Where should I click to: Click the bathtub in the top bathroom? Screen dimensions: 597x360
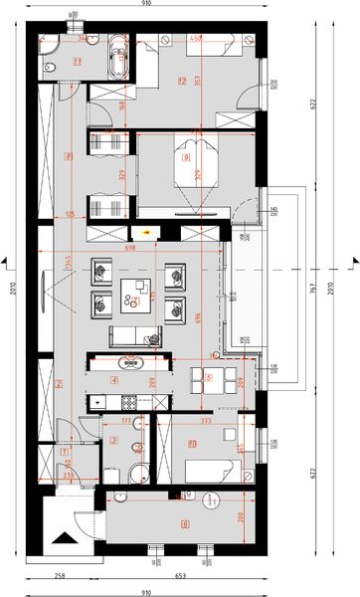click(121, 58)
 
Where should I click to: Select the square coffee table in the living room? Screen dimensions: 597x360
click(135, 290)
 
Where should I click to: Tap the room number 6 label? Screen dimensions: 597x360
click(184, 523)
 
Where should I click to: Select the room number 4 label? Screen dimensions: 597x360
click(114, 379)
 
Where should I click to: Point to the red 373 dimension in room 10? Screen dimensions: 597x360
click(205, 421)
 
